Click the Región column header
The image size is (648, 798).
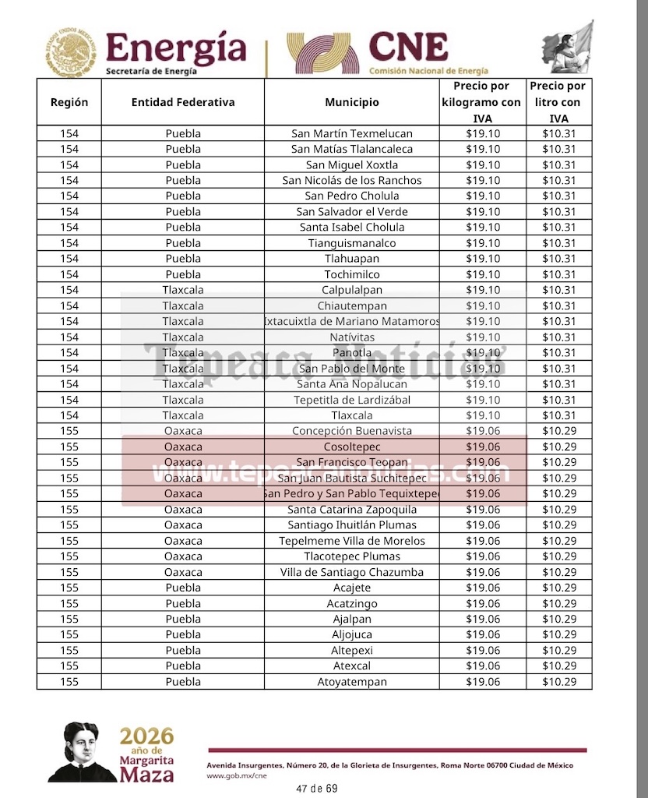69,102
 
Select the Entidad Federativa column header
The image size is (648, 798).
182,102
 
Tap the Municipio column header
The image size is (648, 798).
351,102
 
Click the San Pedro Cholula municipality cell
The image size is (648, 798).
351,196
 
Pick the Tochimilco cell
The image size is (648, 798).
351,274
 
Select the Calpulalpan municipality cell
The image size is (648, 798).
351,290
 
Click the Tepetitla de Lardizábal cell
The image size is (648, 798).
351,400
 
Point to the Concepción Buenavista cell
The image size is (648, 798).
351,431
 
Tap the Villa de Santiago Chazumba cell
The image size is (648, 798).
351,572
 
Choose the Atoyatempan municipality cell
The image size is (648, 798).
351,682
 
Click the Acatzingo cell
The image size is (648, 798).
351,603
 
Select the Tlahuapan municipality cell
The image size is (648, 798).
351,259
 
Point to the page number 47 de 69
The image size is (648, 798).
317,789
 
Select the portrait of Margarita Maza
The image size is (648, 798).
80,752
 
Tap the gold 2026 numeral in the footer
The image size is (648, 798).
146,736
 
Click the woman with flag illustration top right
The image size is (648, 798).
571,48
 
